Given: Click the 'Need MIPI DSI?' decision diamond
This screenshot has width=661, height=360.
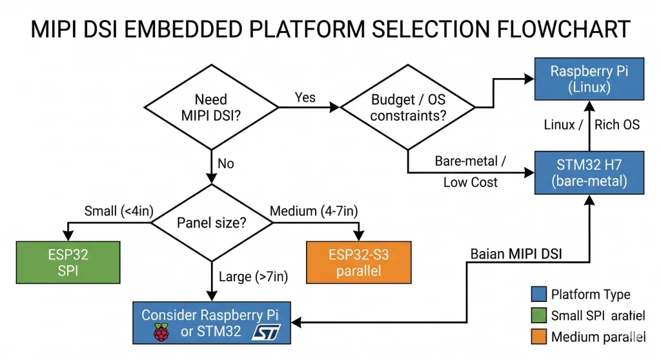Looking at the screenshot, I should tap(211, 108).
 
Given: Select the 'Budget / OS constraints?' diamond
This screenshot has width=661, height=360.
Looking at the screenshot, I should tap(408, 108).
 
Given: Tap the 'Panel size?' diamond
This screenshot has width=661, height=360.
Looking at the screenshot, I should tap(211, 223).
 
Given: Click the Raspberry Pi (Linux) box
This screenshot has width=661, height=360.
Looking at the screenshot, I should tap(589, 79).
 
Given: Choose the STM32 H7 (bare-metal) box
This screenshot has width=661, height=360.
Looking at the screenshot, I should tap(589, 172).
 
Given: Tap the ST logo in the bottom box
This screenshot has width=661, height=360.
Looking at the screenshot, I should tap(266, 332).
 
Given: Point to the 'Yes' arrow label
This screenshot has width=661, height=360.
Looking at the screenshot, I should tap(305, 97).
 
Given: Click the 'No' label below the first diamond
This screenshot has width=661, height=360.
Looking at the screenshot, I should tap(225, 164).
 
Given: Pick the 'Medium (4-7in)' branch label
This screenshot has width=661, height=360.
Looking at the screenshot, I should tap(314, 211).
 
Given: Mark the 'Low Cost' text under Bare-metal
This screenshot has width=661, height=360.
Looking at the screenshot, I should tap(470, 183).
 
